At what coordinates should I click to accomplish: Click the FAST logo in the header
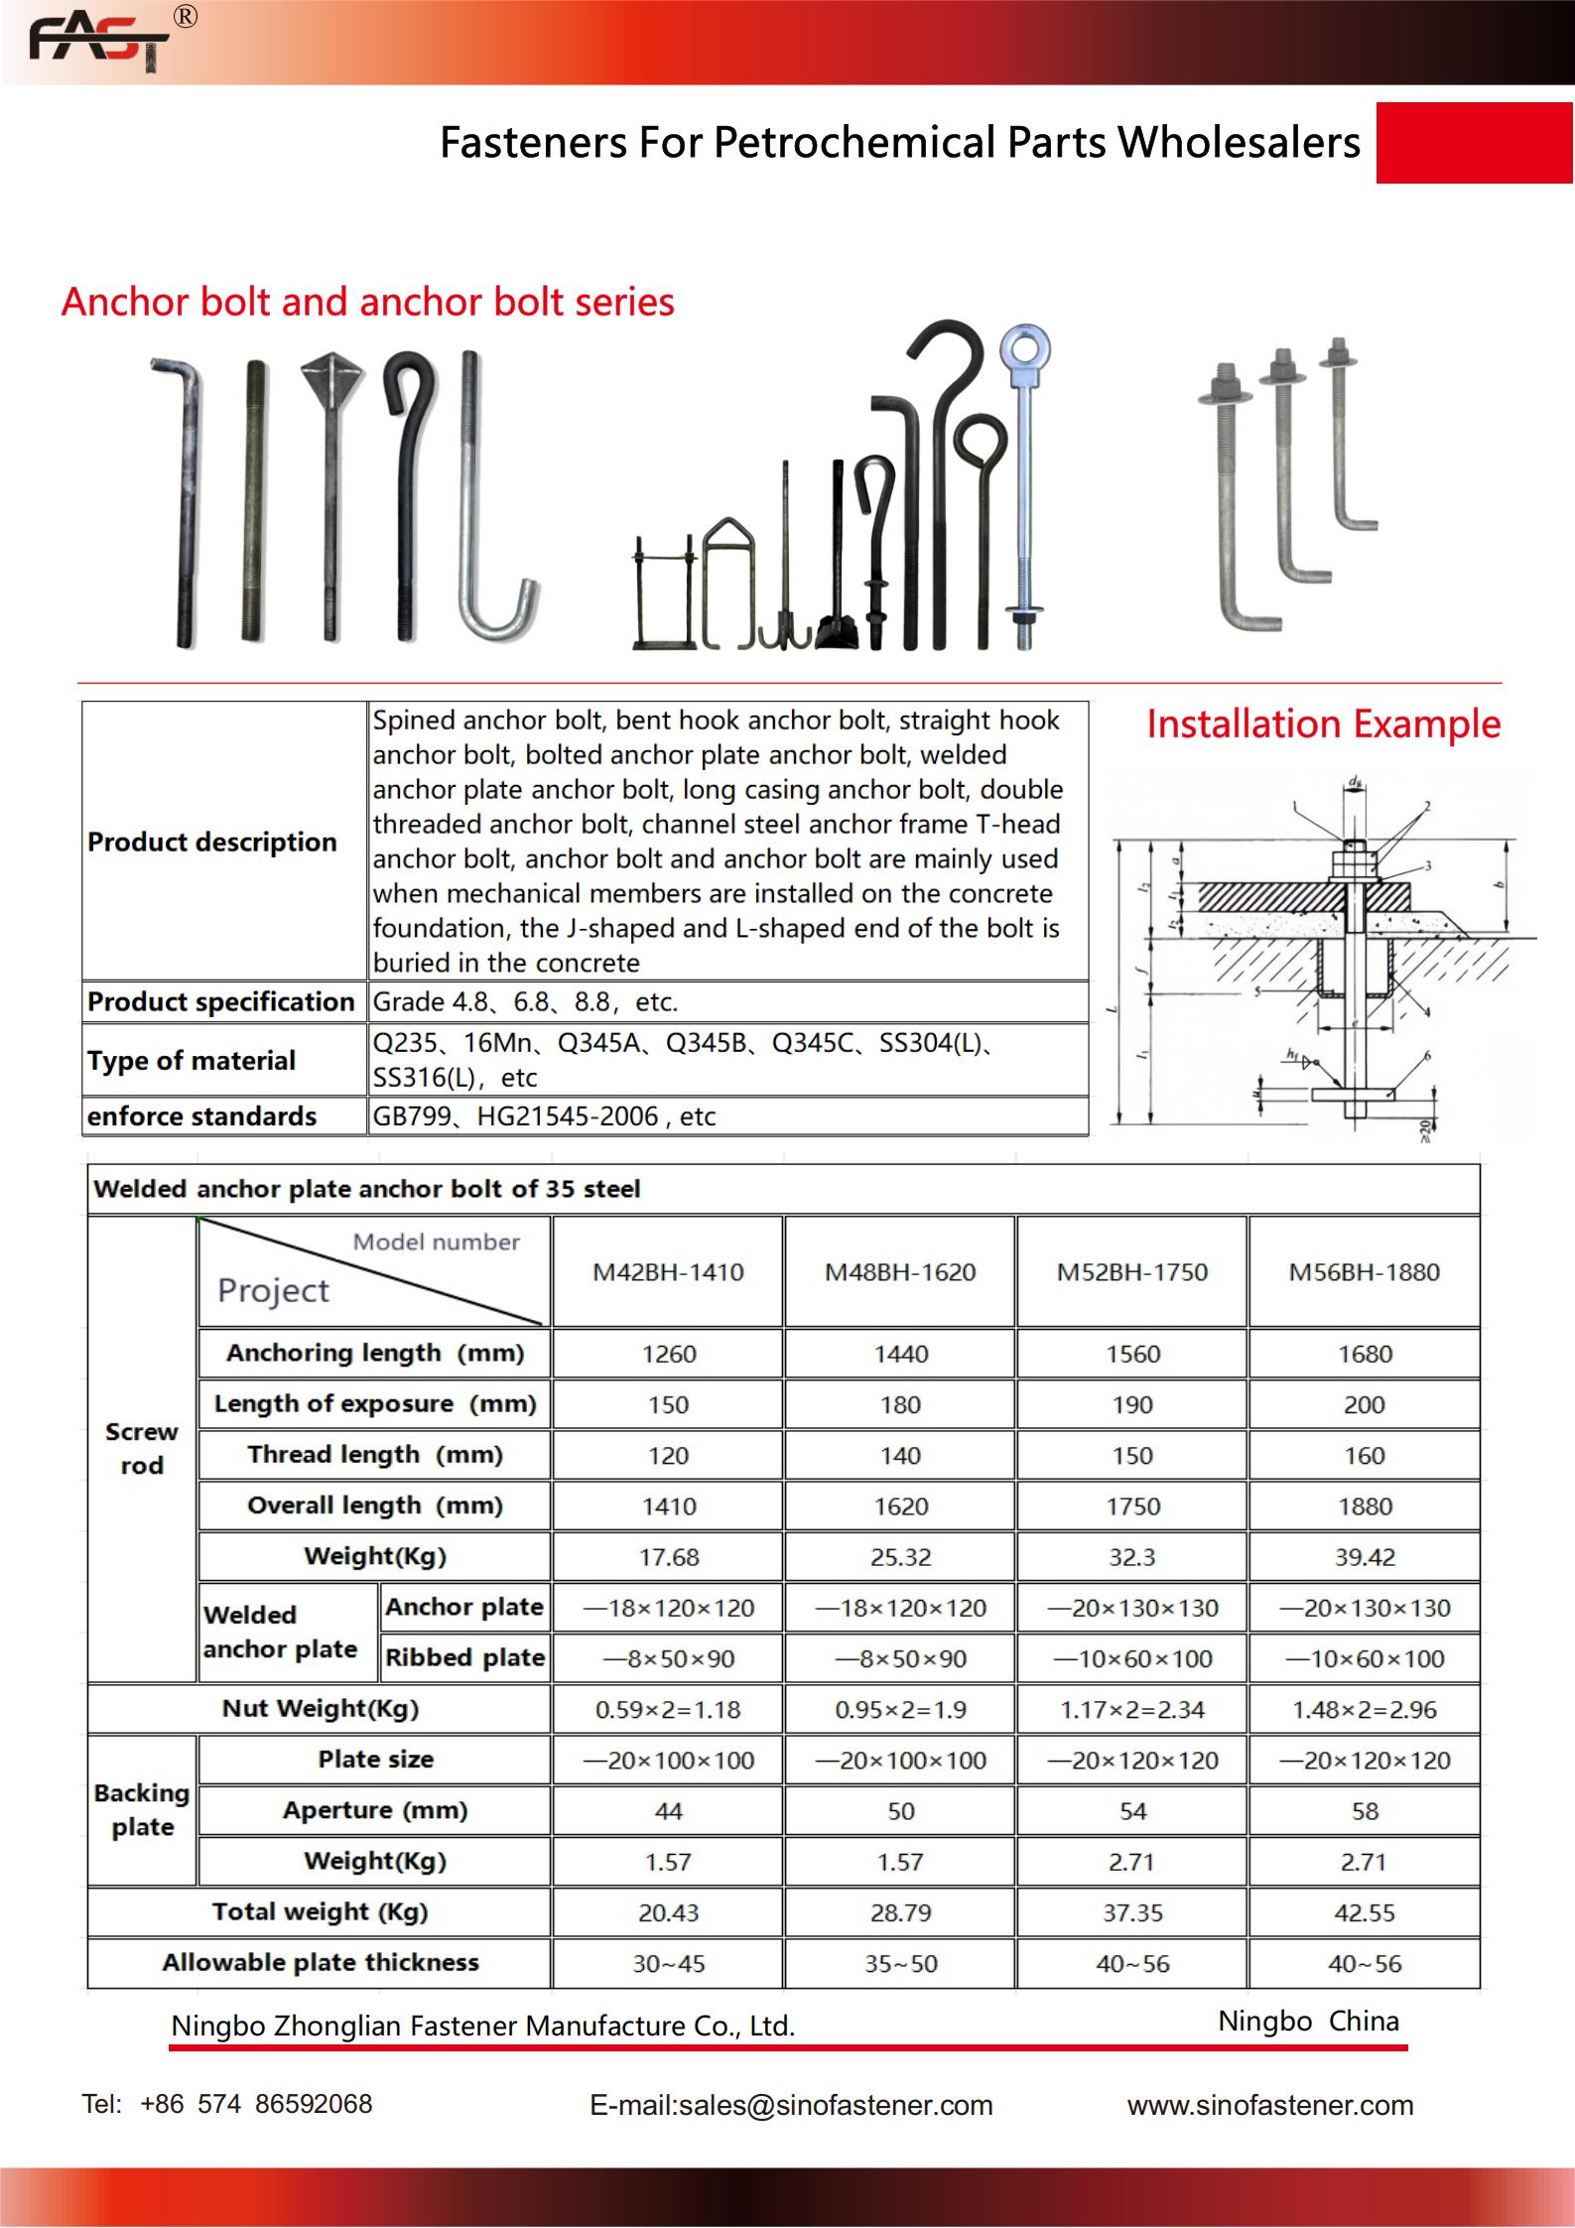click(99, 41)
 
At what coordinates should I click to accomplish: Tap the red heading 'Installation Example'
click(1323, 724)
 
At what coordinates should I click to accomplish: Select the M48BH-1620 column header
click(900, 1272)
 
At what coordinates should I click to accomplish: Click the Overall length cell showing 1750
click(1132, 1507)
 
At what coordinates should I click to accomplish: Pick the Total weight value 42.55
click(1365, 1912)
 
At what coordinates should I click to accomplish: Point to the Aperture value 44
click(668, 1811)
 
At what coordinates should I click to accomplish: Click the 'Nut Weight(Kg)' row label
click(320, 1709)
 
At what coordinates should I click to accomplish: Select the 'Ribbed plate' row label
click(464, 1658)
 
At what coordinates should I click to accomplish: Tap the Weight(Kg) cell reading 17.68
click(668, 1557)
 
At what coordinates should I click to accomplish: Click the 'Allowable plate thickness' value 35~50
click(900, 1964)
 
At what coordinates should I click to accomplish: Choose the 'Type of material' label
click(192, 1060)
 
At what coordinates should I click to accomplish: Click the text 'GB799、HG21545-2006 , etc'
click(544, 1116)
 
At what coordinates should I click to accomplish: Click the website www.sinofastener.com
click(1269, 2105)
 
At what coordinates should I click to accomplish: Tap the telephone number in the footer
click(227, 2104)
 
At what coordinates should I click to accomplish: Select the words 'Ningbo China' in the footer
click(1308, 2021)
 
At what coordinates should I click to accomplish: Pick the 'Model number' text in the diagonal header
click(436, 1243)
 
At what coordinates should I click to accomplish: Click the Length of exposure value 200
click(1365, 1405)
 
